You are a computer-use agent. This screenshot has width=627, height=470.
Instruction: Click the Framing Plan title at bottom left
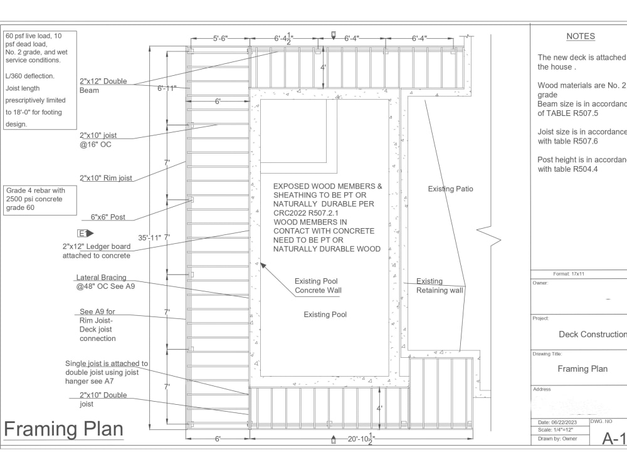point(63,430)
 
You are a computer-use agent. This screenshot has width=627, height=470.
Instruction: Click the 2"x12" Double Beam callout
point(103,86)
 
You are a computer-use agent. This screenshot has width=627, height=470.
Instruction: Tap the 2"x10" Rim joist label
point(105,178)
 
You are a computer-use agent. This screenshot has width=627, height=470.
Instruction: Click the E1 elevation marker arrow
point(85,233)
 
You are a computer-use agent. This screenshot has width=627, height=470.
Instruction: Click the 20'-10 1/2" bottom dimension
point(361,439)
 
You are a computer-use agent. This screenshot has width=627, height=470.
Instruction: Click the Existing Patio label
point(450,189)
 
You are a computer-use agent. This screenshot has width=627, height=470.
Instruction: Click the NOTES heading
point(580,36)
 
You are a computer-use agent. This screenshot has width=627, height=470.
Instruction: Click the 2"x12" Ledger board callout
point(97,251)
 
